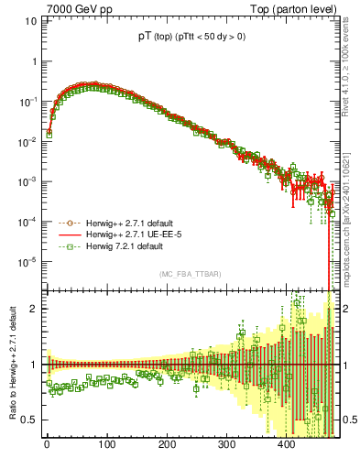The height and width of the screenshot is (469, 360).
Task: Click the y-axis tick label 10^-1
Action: coord(27,102)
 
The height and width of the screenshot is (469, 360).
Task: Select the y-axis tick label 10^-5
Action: coord(27,263)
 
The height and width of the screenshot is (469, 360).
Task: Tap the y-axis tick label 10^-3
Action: coord(27,182)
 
